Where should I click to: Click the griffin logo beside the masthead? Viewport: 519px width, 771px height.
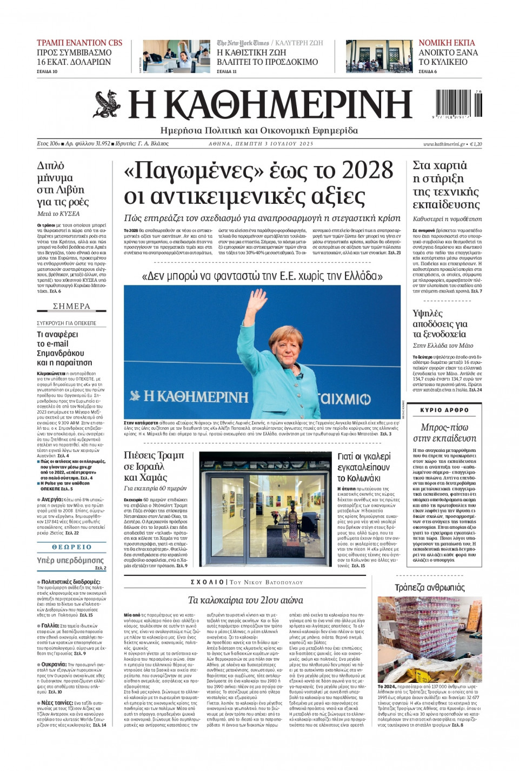coord(107,104)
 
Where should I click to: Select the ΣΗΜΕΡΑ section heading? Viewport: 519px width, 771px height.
coord(71,307)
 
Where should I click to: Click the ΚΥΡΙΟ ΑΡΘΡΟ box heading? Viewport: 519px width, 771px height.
coord(444,410)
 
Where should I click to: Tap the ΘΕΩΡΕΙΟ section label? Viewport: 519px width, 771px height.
coord(71,547)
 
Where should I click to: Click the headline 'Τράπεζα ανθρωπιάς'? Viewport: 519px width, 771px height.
coord(429,588)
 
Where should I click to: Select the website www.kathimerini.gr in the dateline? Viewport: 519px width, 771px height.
coord(444,144)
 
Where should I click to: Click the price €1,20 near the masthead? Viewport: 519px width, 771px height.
coord(475,144)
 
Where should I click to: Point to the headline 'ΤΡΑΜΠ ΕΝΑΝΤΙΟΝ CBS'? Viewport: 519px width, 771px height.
coord(79,43)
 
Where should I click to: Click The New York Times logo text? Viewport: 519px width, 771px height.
coord(243,43)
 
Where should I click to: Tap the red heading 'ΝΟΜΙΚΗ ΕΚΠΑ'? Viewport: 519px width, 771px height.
coord(447,43)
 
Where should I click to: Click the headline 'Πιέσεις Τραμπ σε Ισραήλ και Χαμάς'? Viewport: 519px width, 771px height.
coord(154,466)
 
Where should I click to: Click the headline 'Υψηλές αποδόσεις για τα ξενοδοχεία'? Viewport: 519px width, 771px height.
coord(440,323)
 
